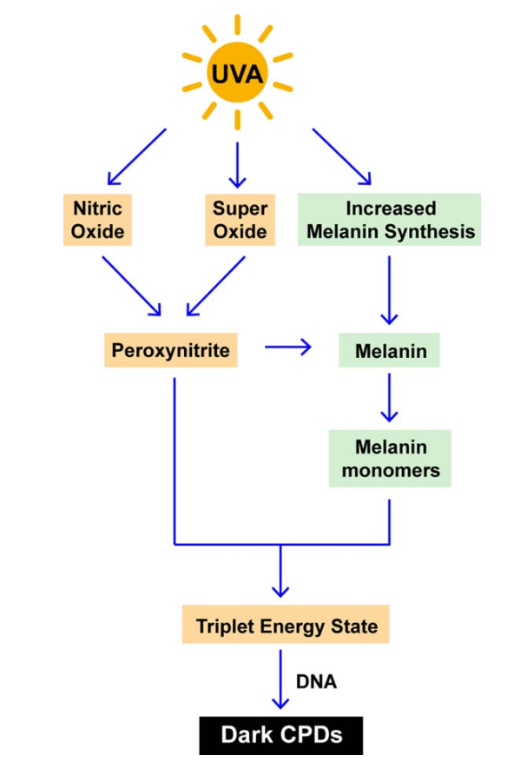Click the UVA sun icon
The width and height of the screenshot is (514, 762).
click(238, 73)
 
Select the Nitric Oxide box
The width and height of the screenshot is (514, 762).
click(97, 220)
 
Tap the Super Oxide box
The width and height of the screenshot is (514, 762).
click(240, 220)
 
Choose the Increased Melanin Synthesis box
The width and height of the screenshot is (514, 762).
click(389, 220)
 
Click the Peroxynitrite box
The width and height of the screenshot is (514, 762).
click(170, 350)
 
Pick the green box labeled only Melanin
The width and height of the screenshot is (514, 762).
click(389, 350)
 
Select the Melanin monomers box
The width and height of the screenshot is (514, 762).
click(390, 458)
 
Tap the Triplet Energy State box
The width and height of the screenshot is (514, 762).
click(286, 625)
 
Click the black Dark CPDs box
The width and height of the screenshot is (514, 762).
click(280, 735)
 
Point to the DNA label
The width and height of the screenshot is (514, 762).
click(316, 681)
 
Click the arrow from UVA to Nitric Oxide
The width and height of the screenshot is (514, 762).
click(137, 157)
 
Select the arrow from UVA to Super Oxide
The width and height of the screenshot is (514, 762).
click(238, 165)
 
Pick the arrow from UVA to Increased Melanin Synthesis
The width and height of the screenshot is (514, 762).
click(342, 157)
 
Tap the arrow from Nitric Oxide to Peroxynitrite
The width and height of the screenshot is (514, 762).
click(132, 286)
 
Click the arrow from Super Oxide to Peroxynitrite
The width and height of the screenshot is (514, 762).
click(215, 286)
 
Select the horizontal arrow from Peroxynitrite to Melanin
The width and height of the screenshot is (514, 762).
click(288, 347)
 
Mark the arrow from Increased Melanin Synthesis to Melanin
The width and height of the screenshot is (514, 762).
click(389, 290)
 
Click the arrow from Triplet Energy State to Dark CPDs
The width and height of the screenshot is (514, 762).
click(280, 679)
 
